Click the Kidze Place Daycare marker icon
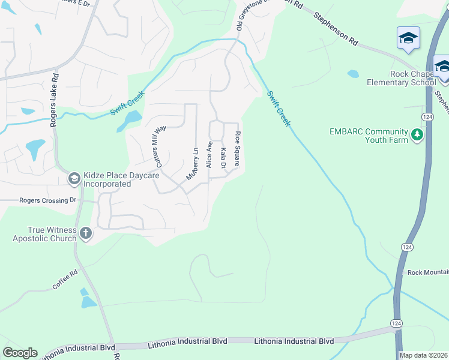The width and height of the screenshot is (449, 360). click(x=74, y=178)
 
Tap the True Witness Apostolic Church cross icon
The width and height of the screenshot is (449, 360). click(x=86, y=233)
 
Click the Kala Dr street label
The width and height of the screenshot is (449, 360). click(x=223, y=158)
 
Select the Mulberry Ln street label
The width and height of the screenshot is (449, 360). click(x=193, y=163)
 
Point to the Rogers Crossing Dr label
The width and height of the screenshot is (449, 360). click(x=48, y=200)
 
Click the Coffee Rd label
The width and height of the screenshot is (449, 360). click(x=65, y=281)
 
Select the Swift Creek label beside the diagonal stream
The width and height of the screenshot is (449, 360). click(x=279, y=108)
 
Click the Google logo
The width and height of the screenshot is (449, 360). click(x=20, y=353)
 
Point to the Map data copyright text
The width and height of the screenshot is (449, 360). click(x=424, y=355)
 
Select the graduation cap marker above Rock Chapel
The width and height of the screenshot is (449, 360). click(x=408, y=38)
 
